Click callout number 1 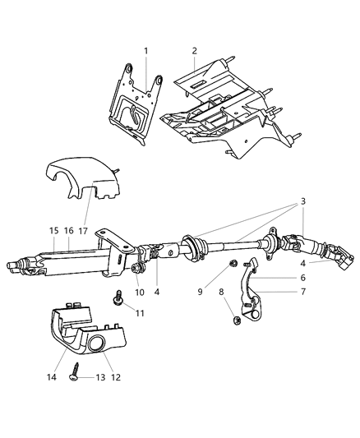tap(146, 52)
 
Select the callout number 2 tap(194, 51)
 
